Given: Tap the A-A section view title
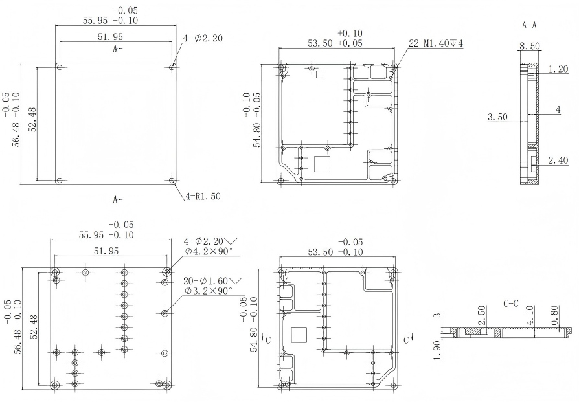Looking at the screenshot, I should (530, 26).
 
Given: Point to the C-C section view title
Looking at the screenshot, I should (512, 302).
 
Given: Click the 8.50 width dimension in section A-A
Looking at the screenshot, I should (530, 47).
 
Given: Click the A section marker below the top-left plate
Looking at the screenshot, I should (117, 199).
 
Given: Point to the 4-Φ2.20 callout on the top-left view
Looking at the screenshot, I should (203, 38).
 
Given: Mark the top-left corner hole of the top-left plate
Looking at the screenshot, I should (60, 67).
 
